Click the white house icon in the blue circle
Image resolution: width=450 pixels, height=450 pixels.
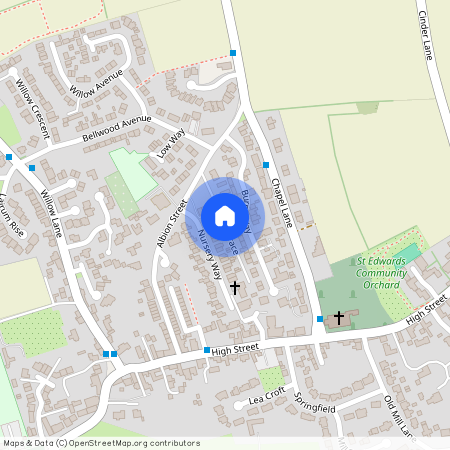224,216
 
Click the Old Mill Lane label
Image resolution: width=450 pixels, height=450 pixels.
399,417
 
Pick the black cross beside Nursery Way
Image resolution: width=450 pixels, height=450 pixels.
235,287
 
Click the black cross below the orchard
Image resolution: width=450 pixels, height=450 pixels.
338,318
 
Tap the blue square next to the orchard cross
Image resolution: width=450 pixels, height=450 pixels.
320,319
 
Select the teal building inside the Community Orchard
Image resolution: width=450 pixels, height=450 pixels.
410,252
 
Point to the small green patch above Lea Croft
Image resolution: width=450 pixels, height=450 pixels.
270,378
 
